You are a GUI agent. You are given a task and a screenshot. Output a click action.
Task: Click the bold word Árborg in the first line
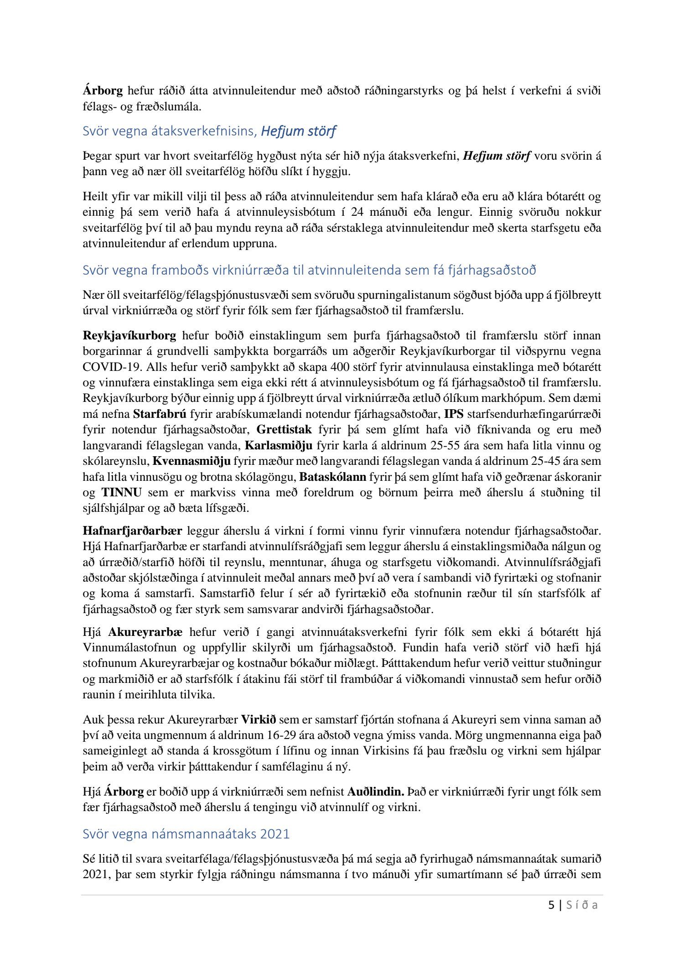103,91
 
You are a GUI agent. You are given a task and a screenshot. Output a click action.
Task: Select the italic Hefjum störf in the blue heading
298,131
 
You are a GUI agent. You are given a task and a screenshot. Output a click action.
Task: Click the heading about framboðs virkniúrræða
309,270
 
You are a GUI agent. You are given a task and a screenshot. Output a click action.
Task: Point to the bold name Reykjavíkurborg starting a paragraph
130,336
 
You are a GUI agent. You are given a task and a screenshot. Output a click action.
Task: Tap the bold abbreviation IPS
453,414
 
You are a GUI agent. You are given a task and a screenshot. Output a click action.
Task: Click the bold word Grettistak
285,430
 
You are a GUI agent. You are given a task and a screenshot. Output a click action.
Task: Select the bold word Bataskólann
333,477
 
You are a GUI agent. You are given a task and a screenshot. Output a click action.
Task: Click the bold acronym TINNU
121,492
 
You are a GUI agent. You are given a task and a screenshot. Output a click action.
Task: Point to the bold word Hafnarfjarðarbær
132,531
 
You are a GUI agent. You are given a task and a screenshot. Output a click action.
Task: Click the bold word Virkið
259,720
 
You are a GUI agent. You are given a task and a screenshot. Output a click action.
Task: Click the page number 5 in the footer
552,905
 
